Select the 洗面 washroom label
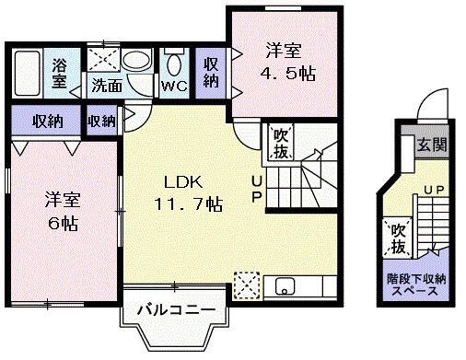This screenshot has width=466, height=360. pos(106,87)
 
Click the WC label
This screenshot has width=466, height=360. pos(173,87)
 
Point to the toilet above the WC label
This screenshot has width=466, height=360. pos(173,64)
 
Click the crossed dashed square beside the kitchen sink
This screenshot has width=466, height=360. pos(247,285)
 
